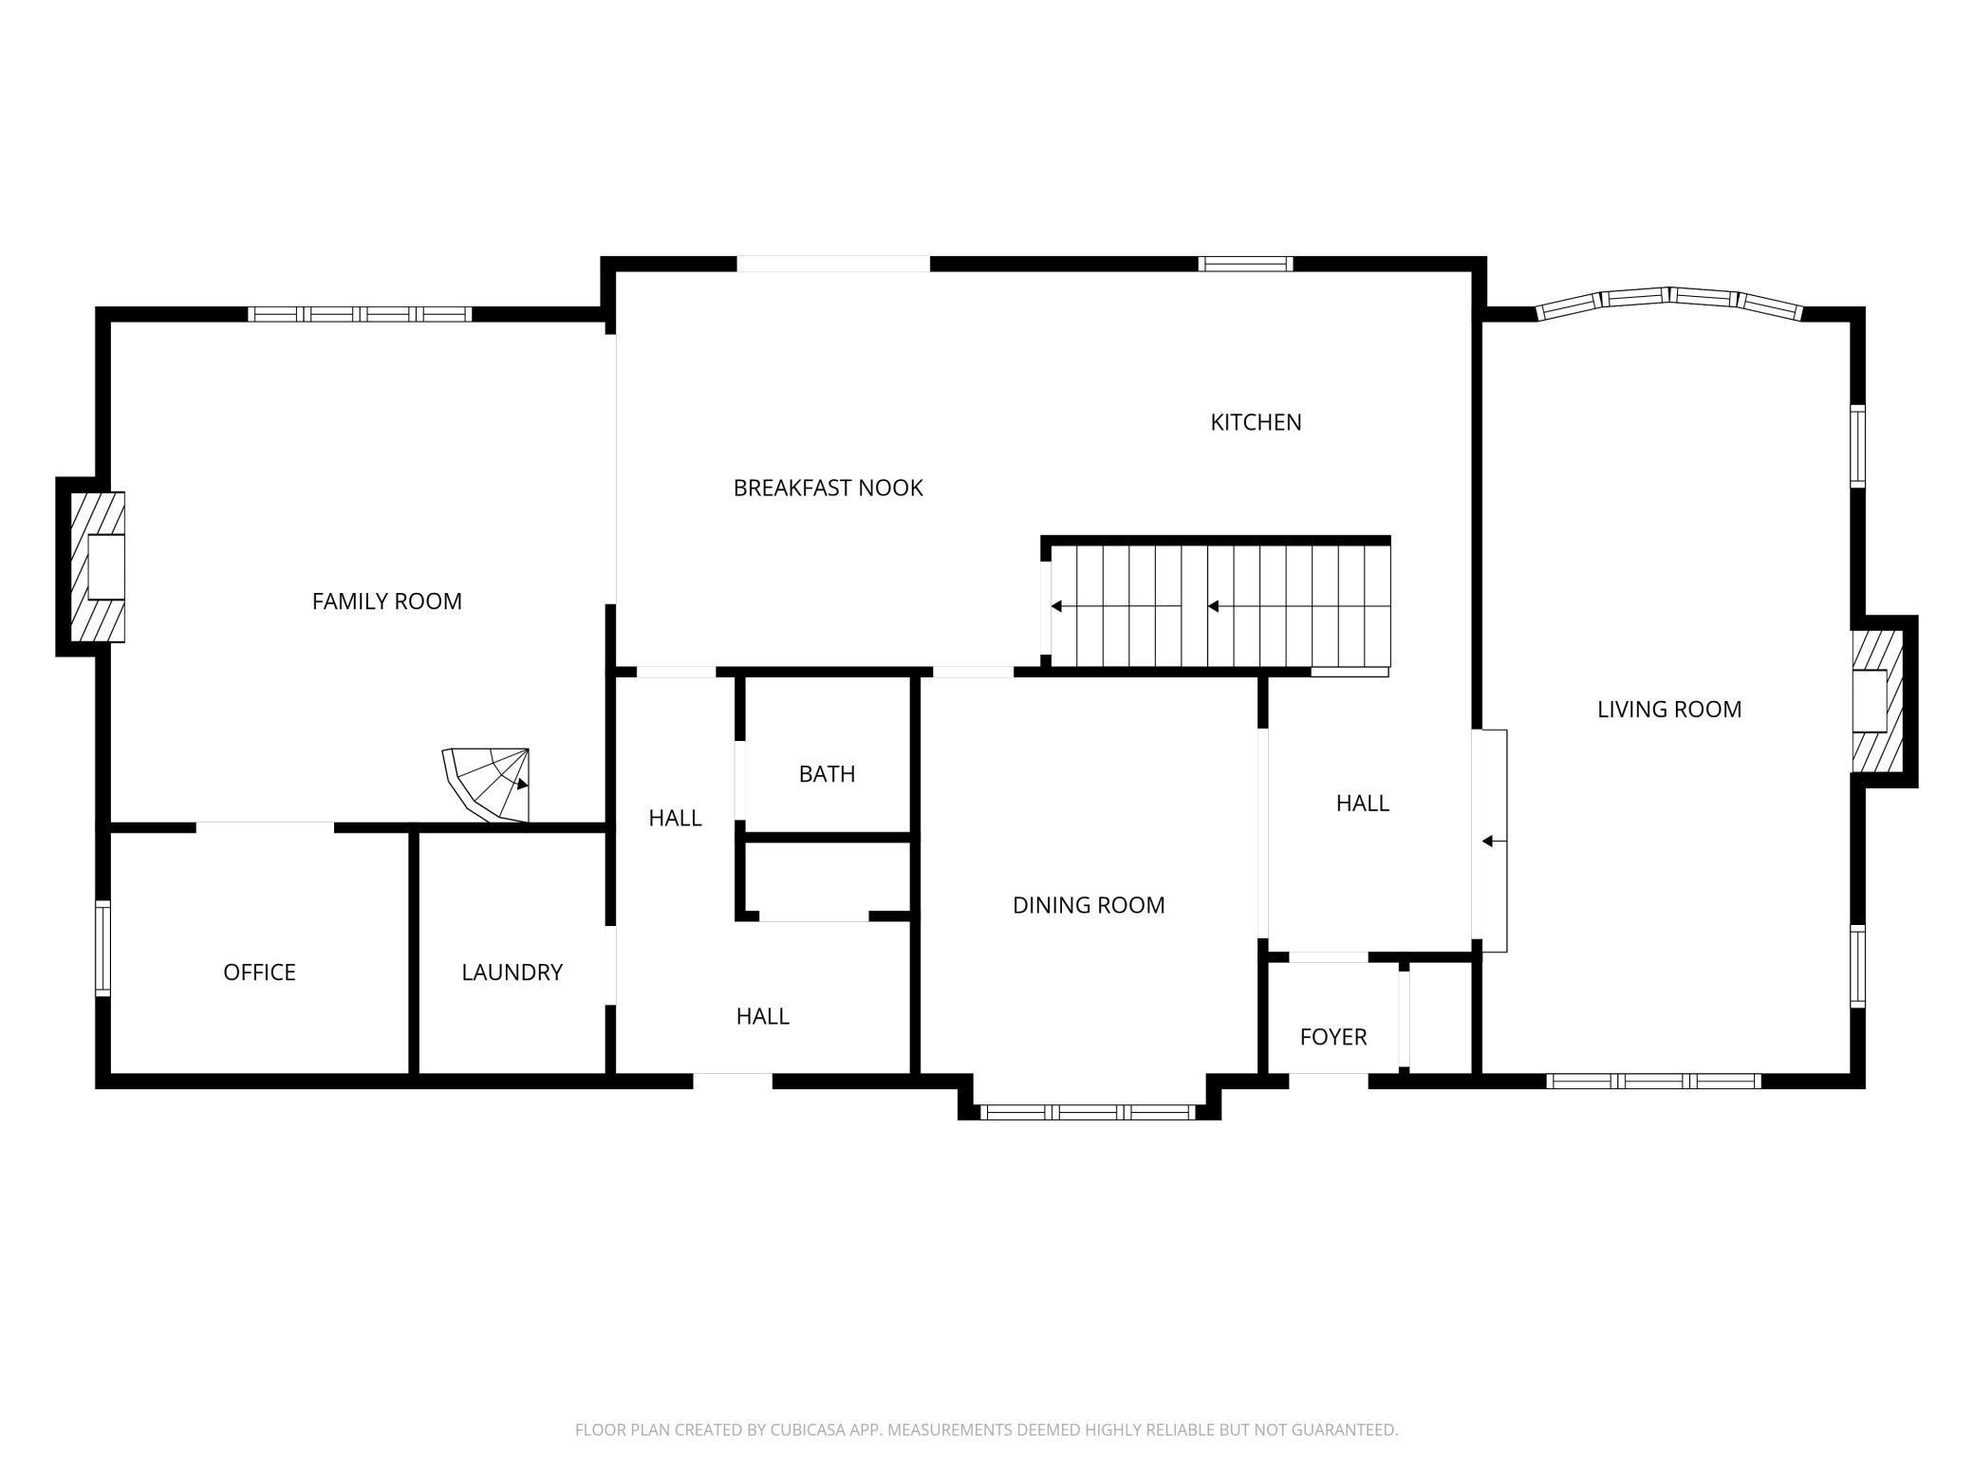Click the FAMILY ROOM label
[387, 601]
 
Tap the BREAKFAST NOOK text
[829, 488]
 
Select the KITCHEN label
[1256, 422]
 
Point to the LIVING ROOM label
[1669, 710]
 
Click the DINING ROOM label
[1089, 905]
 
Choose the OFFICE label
[259, 972]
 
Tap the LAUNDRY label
[512, 972]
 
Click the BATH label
[827, 774]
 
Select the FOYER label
[1333, 1037]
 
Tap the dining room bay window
[1089, 1112]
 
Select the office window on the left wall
[102, 949]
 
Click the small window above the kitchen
[1245, 264]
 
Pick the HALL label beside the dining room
[1363, 804]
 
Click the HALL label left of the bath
[675, 818]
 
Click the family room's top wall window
[360, 314]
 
